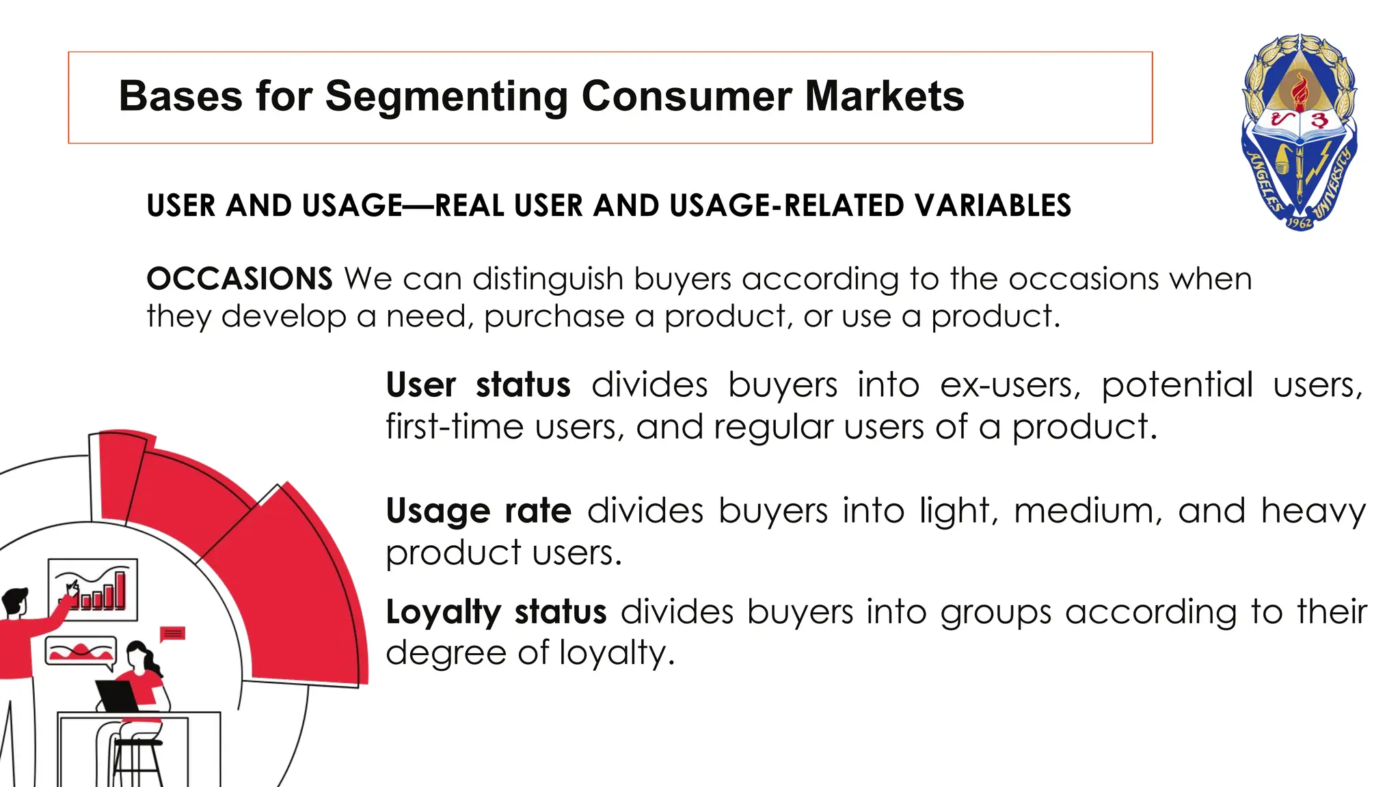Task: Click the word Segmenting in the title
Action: coord(446,96)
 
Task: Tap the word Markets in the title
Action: coord(885,96)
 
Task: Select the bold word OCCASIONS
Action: coord(239,279)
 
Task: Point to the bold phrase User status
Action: coord(478,385)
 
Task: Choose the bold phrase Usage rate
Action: coord(478,511)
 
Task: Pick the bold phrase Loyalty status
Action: coord(496,612)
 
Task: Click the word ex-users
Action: coord(1010,385)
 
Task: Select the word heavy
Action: coord(1312,511)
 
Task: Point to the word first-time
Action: coord(454,427)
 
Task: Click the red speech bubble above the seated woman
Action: coord(172,633)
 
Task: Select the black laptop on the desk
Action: coord(118,695)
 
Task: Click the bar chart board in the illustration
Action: coord(93,589)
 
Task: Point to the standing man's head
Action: coord(15,601)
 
